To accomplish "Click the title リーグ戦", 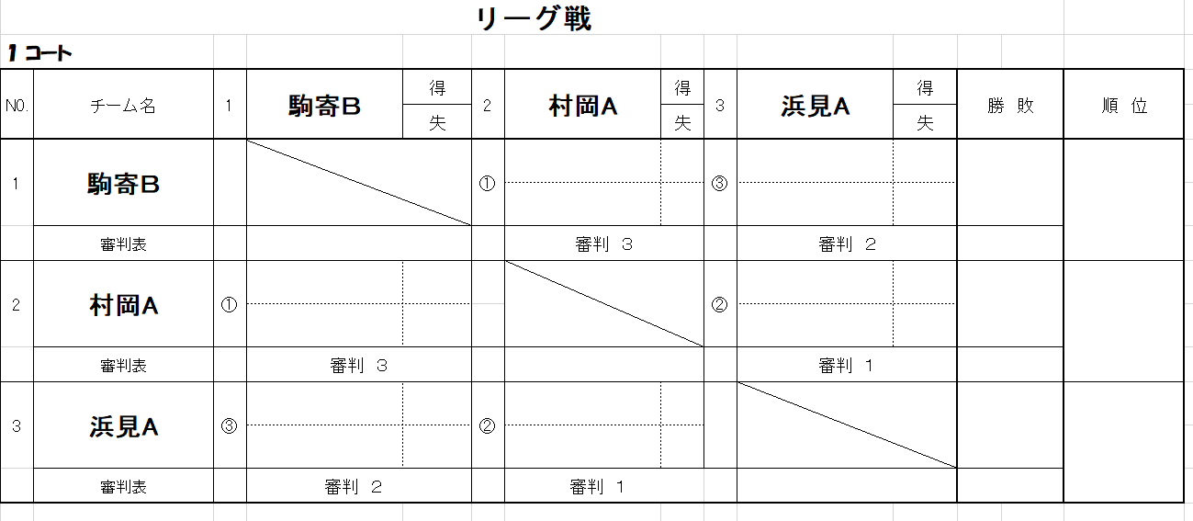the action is (x=535, y=18).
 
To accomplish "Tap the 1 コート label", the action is (x=39, y=53).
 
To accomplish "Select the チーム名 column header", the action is (x=123, y=106).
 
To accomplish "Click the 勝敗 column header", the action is (x=1010, y=106).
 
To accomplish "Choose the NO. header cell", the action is (x=17, y=106).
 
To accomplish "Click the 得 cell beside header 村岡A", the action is (x=682, y=88).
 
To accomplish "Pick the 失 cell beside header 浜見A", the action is (x=925, y=123).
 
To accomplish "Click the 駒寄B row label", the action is (x=123, y=184).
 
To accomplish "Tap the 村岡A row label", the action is (x=123, y=304).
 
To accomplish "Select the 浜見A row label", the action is (x=123, y=426).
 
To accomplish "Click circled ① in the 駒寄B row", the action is (x=488, y=183).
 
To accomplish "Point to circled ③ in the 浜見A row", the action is (x=230, y=425).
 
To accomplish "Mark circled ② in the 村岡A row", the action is (x=720, y=304).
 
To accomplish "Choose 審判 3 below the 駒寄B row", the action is (x=603, y=244).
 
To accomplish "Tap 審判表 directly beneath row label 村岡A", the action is (x=123, y=366).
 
